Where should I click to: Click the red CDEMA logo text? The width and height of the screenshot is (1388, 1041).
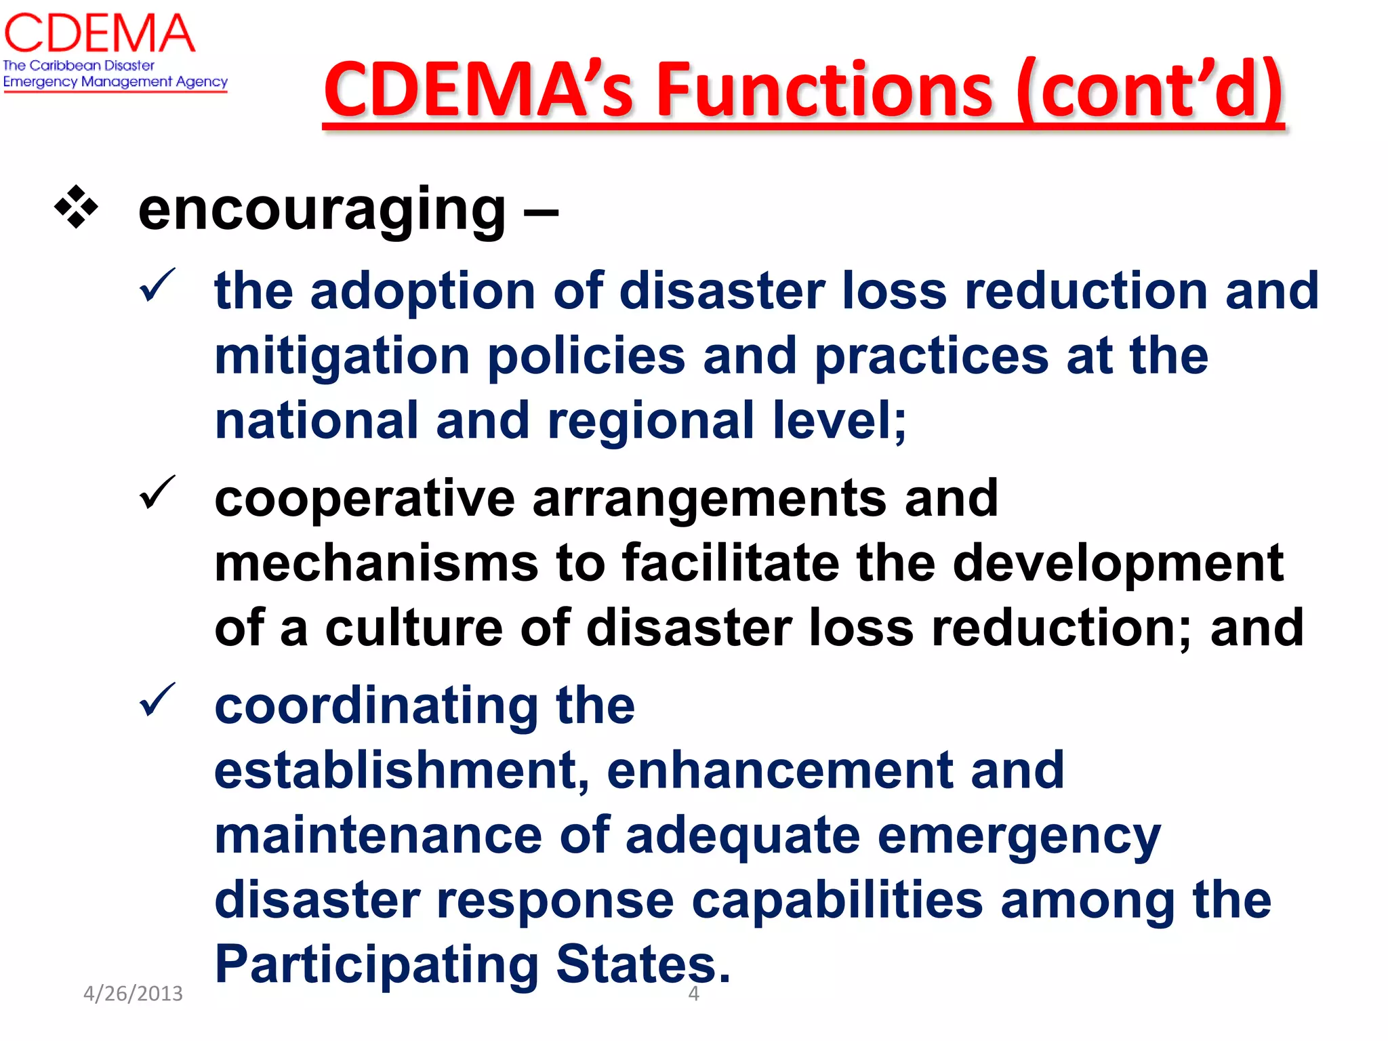[x=100, y=34]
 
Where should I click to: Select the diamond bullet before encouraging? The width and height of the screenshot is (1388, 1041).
[x=76, y=207]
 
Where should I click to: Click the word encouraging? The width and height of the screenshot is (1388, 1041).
[x=322, y=210]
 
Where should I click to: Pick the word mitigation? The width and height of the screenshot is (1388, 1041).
[x=342, y=357]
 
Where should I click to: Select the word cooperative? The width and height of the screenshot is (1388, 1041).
[x=365, y=499]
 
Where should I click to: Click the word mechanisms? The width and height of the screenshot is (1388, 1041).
[x=376, y=563]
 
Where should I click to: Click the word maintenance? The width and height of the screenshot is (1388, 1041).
[x=378, y=836]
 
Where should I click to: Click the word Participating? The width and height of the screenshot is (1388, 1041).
[x=376, y=966]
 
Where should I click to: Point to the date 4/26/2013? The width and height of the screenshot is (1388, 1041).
[x=133, y=994]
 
